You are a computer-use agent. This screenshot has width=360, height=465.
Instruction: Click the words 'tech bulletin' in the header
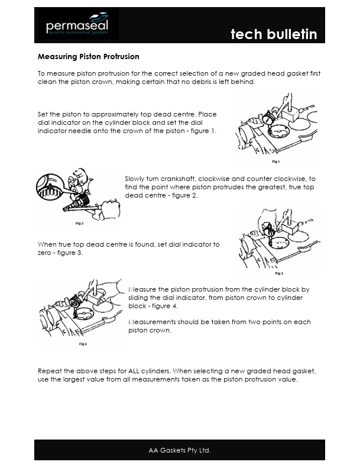(273, 34)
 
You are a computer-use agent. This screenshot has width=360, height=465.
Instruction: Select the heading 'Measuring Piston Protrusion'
(89, 57)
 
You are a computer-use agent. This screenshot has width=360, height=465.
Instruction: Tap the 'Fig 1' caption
(275, 161)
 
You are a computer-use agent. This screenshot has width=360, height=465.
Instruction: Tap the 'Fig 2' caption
(79, 224)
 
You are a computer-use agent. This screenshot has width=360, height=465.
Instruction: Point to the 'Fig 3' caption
(279, 273)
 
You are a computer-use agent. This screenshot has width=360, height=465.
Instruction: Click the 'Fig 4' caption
(83, 343)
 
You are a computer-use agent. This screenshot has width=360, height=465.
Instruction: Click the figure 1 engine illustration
(275, 129)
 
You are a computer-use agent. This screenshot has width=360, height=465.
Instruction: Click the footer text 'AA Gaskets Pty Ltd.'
(179, 450)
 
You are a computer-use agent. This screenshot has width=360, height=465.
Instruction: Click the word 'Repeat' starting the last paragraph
(50, 371)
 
